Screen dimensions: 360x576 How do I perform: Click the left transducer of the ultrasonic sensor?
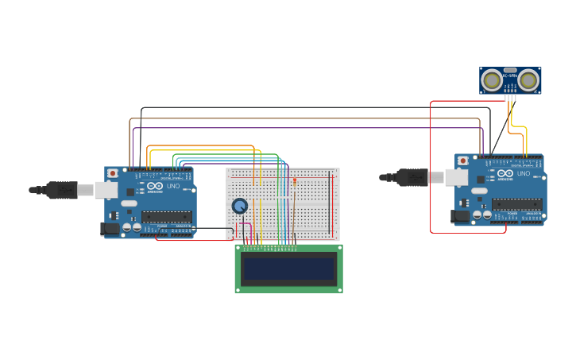(493, 79)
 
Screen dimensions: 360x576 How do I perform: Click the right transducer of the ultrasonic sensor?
(528, 79)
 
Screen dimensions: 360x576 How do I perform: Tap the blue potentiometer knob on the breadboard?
(239, 206)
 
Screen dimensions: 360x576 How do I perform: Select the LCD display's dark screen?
(289, 269)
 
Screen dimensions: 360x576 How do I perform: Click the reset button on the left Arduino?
(113, 172)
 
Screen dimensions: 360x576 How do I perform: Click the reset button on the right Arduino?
(463, 161)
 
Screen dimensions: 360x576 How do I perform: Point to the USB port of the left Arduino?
(106, 189)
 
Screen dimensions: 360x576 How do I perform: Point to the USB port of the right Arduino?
(436, 176)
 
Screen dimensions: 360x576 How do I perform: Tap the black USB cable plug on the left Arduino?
(62, 190)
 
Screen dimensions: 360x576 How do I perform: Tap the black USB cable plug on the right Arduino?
(412, 177)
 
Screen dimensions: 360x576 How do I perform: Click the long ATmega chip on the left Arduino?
(167, 216)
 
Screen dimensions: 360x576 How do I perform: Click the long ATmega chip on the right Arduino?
(517, 204)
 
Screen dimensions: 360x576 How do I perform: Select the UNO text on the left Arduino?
(172, 186)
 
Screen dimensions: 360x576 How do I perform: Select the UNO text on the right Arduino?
(523, 173)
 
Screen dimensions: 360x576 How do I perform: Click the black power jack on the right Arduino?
(460, 216)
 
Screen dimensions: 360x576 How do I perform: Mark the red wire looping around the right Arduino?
(431, 167)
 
